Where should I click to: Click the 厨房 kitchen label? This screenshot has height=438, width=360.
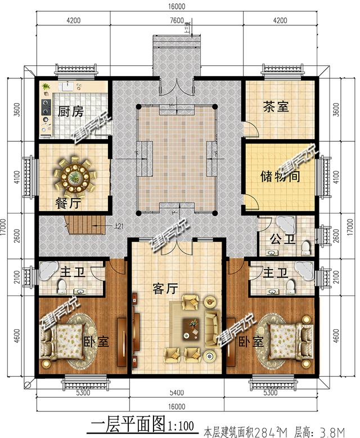click(71, 111)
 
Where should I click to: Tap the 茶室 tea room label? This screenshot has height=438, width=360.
click(276, 106)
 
